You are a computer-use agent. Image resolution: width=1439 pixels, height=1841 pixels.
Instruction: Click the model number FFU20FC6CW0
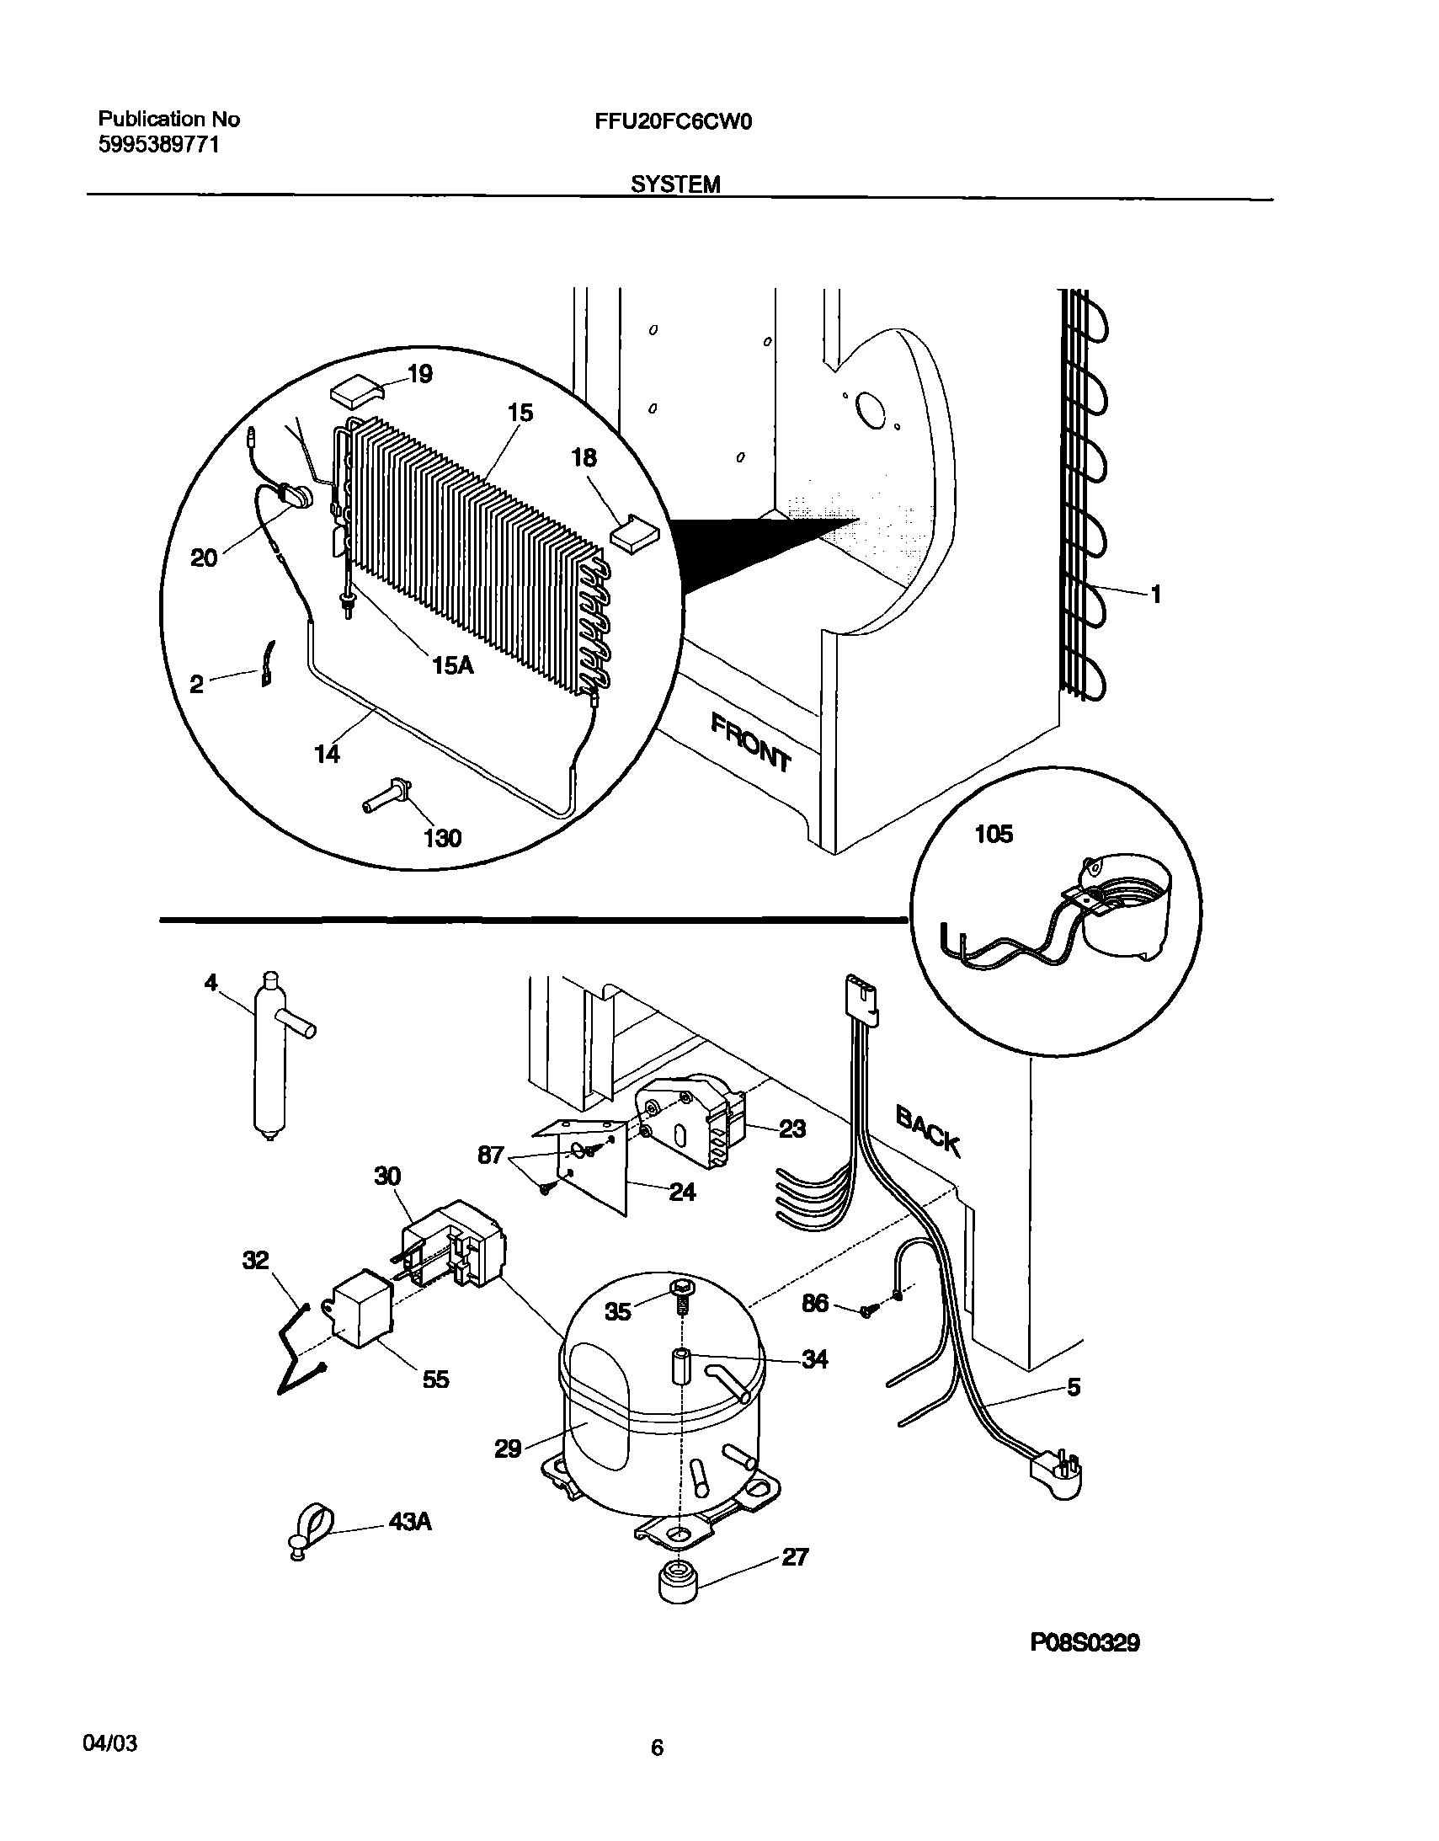point(673,122)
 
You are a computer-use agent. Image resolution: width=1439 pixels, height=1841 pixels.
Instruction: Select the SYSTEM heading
point(675,184)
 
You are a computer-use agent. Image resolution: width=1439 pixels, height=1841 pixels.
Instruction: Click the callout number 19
point(419,373)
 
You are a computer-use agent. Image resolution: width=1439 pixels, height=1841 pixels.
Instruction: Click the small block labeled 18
point(638,534)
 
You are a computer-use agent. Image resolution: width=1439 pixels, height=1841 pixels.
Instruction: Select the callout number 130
point(442,838)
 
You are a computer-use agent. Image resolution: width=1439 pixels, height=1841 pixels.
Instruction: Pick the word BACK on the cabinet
point(927,1133)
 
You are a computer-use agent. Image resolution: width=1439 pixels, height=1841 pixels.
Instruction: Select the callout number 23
point(791,1129)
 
